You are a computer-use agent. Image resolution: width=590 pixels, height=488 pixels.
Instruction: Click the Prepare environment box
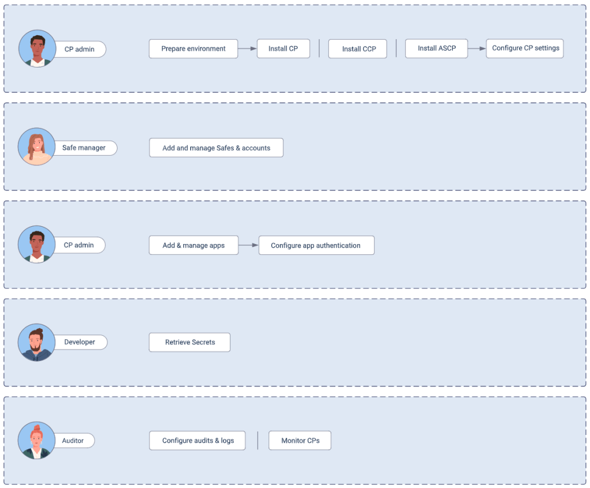[194, 48]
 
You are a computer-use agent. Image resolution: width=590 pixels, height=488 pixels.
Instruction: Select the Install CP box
[283, 48]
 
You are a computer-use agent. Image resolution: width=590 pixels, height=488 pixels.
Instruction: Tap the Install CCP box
[357, 49]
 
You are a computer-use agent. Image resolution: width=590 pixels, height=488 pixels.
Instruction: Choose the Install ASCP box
[437, 48]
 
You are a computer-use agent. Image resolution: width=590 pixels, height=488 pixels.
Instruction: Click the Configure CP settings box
[525, 48]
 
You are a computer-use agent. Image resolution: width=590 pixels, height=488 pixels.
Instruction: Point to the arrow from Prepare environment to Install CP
[247, 48]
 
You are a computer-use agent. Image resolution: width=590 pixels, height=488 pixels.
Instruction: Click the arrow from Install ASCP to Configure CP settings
[476, 48]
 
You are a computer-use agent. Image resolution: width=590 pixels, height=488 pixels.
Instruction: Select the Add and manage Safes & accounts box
[217, 148]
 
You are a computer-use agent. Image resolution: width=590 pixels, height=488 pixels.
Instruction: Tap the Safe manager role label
[84, 148]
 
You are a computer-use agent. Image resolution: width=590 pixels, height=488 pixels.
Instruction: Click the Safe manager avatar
[37, 147]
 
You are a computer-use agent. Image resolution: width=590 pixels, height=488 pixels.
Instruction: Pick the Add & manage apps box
[194, 245]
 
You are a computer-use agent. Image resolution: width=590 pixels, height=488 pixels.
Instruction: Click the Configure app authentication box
[316, 245]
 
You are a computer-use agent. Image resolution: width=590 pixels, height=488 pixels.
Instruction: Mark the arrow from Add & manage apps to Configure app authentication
[249, 245]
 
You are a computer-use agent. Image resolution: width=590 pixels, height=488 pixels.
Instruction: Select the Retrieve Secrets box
[190, 342]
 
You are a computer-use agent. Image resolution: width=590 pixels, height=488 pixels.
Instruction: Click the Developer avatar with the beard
[37, 342]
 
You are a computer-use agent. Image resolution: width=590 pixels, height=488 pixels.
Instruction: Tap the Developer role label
[80, 342]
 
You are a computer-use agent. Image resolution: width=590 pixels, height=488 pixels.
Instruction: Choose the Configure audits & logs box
[198, 441]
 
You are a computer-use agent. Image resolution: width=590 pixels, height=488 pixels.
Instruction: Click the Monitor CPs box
[300, 441]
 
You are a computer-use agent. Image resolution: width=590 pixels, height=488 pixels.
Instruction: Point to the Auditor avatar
[37, 441]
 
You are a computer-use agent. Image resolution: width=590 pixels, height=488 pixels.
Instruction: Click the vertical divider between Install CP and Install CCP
[319, 48]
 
